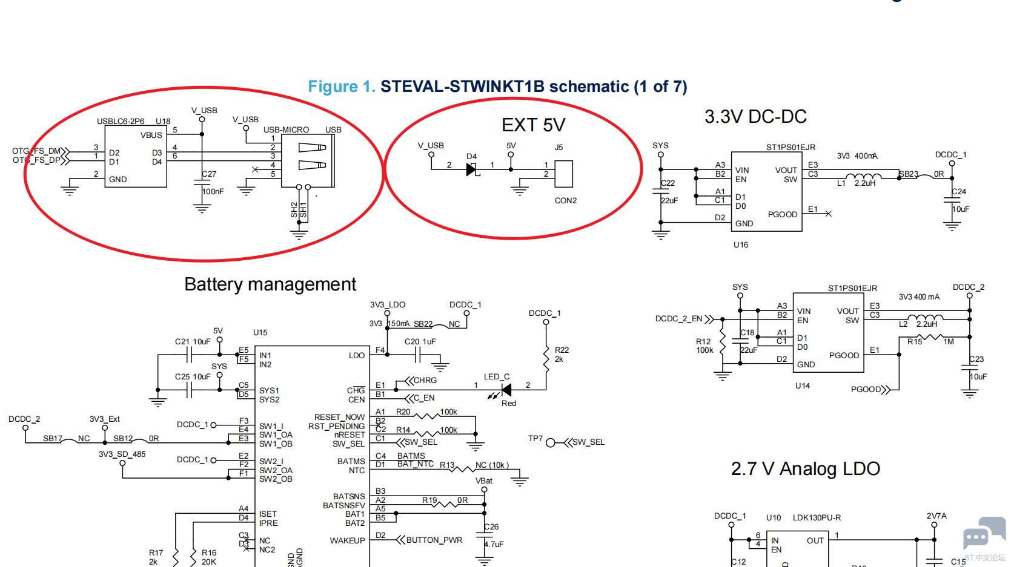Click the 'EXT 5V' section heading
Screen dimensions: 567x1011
click(533, 125)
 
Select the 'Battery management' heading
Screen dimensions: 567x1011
click(270, 284)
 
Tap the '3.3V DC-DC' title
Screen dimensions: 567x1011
click(755, 117)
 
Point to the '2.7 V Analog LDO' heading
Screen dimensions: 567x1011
click(805, 469)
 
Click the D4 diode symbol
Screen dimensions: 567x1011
click(472, 170)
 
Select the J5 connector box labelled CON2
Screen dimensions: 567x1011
click(563, 174)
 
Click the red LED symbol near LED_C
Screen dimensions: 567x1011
click(506, 390)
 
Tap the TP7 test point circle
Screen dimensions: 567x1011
click(551, 443)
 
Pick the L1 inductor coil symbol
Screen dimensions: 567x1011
click(863, 177)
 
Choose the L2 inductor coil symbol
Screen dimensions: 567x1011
click(925, 318)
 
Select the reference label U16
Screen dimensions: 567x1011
click(741, 245)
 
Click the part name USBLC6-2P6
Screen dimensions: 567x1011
click(121, 122)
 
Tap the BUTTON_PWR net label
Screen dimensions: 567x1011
click(434, 540)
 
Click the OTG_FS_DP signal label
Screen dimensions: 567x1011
click(36, 160)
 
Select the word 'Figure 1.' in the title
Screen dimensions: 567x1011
click(342, 87)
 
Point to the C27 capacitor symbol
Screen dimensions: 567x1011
click(202, 183)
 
